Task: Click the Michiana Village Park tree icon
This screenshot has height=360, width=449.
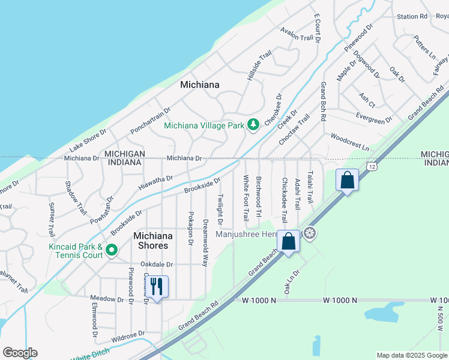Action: tap(253, 124)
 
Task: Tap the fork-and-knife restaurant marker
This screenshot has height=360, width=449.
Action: tap(157, 286)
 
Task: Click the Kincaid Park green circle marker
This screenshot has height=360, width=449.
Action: tap(111, 249)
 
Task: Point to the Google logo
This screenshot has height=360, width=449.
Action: tap(20, 353)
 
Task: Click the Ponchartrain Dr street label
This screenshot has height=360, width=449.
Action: tap(151, 121)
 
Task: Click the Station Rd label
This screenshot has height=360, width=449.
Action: tap(412, 16)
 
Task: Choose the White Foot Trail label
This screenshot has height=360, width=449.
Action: tap(246, 197)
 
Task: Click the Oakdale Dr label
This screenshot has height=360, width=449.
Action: tap(157, 264)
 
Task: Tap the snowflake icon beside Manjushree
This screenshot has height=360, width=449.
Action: tap(310, 233)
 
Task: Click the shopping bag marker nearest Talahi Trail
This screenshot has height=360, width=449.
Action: tap(348, 179)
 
